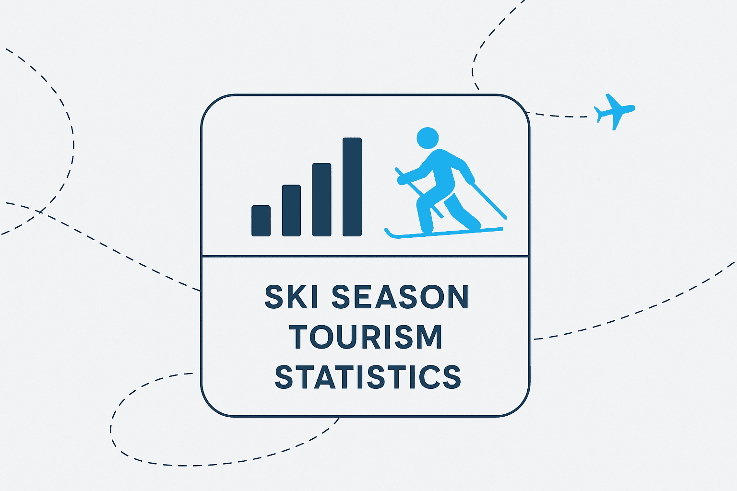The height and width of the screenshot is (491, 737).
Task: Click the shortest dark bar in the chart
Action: click(261, 221)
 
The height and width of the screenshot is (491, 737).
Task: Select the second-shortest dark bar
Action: click(291, 210)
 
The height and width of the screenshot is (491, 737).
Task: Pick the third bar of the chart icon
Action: click(321, 199)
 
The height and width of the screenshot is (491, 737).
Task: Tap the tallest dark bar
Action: click(352, 187)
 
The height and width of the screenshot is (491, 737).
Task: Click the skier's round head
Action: click(428, 138)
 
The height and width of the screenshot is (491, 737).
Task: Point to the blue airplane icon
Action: click(614, 111)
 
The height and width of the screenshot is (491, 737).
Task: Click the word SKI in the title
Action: click(291, 297)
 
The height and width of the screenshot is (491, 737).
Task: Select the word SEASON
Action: click(400, 297)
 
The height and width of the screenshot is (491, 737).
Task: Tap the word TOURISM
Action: click(366, 337)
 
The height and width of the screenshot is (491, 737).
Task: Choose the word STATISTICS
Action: click(368, 377)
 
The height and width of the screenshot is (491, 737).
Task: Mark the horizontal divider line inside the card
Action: click(365, 256)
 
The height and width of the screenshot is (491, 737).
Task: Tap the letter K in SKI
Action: click(297, 297)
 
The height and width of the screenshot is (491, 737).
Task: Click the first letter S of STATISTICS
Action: click(284, 377)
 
